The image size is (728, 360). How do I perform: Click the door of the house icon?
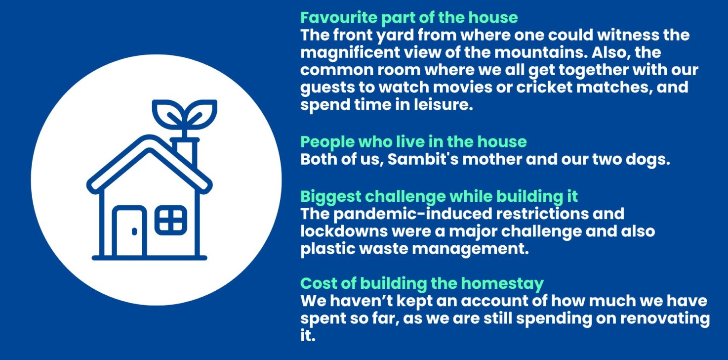point(129,231)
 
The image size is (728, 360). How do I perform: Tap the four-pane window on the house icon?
point(171,220)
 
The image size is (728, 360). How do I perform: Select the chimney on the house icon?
point(185,152)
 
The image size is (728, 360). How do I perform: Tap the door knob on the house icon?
point(134,231)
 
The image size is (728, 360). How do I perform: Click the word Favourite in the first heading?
point(338,18)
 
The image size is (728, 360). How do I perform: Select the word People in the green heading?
point(327,142)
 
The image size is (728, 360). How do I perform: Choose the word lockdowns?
point(344,231)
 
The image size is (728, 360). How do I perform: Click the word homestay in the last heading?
point(502,284)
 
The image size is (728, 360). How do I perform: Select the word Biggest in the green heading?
point(330,197)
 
